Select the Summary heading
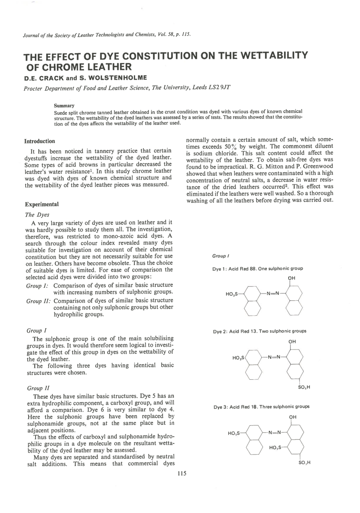point(64,106)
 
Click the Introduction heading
point(40,141)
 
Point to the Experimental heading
point(42,204)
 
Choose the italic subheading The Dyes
point(37,215)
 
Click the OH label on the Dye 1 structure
point(291,278)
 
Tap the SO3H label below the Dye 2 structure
point(304,387)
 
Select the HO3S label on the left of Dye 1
point(232,294)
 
